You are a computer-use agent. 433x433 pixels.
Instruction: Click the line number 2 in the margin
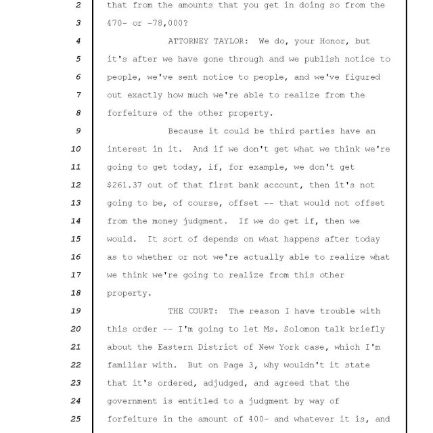point(78,5)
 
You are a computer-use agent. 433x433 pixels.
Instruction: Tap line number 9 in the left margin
point(78,131)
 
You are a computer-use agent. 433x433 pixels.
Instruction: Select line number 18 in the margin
point(76,293)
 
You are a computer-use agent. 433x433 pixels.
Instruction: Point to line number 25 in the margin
point(76,419)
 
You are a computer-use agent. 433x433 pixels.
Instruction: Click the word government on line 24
point(133,401)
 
